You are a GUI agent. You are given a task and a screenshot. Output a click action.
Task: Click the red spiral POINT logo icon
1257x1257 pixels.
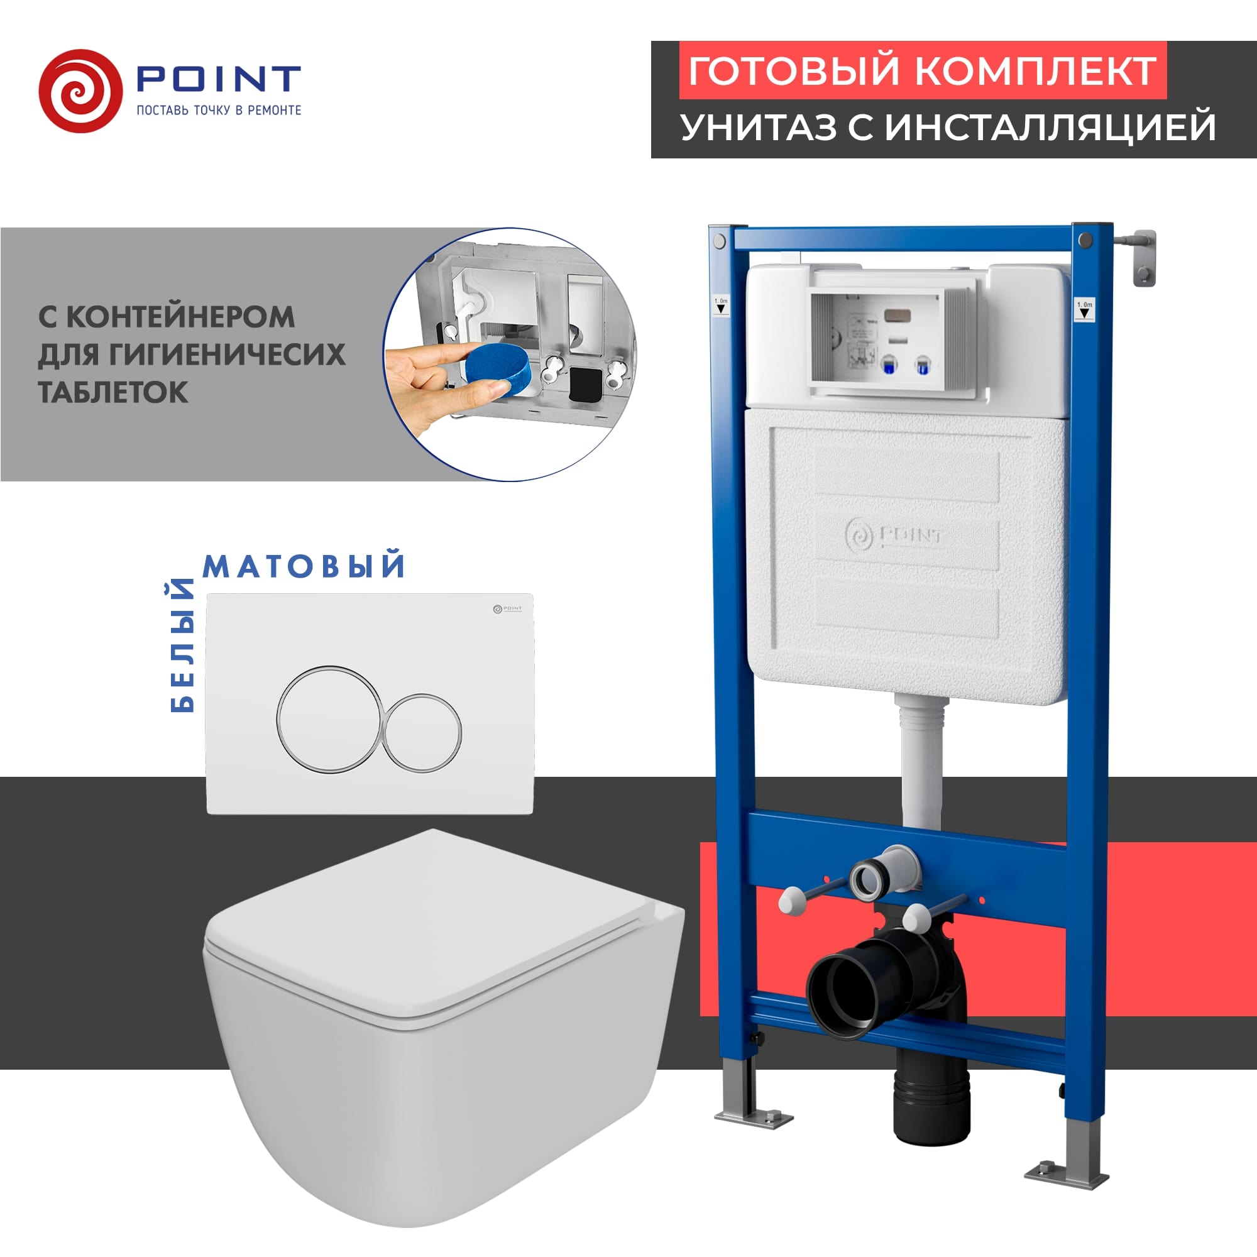click(x=80, y=91)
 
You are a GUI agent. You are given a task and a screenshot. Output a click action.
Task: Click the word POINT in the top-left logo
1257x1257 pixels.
click(x=218, y=79)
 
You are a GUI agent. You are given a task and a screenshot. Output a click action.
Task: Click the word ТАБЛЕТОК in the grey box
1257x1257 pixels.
click(x=113, y=392)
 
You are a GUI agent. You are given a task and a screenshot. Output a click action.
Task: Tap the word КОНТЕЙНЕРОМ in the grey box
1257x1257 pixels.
click(x=180, y=317)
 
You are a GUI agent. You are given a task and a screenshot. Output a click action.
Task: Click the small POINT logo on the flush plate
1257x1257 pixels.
click(x=507, y=609)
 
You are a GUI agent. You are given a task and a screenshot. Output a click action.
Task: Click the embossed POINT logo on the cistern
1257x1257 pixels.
click(x=894, y=535)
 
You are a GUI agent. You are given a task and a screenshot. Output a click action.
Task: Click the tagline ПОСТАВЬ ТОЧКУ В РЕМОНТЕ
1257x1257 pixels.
click(x=219, y=110)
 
